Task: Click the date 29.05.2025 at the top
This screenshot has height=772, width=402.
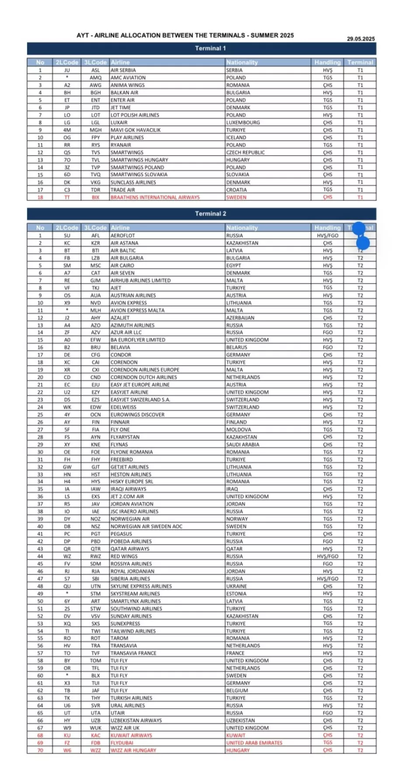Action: (x=360, y=39)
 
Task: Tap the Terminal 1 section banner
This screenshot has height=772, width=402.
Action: (x=210, y=48)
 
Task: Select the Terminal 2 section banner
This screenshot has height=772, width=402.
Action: (x=210, y=214)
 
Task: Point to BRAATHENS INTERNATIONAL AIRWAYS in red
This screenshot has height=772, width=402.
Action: (x=155, y=197)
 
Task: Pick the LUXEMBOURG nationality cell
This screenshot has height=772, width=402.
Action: (x=243, y=123)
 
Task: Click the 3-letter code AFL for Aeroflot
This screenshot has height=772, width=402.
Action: (x=95, y=235)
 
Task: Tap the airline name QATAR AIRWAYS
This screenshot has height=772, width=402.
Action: (x=130, y=549)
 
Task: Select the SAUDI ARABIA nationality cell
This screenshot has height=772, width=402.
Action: (x=243, y=444)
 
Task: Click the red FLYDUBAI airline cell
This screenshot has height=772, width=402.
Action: (x=123, y=743)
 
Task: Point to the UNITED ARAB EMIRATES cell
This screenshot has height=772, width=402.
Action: (x=254, y=743)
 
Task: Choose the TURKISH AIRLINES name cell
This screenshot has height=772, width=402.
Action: (x=131, y=698)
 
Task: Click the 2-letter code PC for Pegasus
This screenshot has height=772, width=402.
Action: (x=67, y=534)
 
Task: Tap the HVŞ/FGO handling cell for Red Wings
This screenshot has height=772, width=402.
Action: (x=327, y=556)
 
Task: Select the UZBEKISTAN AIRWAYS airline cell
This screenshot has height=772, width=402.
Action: (x=136, y=721)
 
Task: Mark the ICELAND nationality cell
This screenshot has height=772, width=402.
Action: (x=236, y=137)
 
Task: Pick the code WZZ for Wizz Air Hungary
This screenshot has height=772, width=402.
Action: (x=95, y=750)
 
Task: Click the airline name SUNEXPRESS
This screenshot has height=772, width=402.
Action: (x=125, y=624)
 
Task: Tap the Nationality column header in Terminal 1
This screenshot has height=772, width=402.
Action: (x=242, y=62)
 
